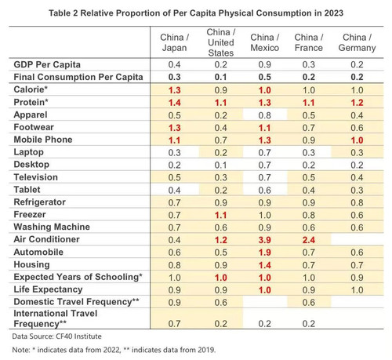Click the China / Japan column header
174,42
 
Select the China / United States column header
221,42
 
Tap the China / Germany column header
357,42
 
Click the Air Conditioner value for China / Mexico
265,240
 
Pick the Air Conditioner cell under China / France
309,240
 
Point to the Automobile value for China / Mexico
265,253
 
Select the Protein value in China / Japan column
174,103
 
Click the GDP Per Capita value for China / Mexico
265,64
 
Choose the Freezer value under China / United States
221,215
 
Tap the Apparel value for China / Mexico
265,115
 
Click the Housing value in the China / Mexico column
265,265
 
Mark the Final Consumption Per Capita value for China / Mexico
265,77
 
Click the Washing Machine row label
52,227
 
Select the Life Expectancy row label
48,289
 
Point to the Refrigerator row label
39,202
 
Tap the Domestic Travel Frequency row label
76,302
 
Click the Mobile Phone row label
43,140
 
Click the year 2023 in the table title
334,13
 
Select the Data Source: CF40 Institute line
56,336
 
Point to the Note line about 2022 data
114,350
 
